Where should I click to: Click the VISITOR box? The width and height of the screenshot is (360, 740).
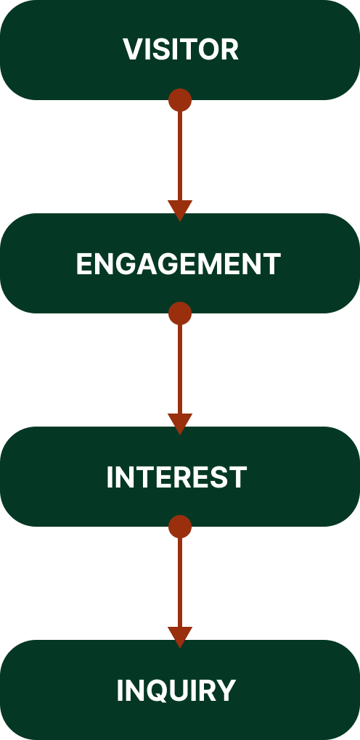coord(180,50)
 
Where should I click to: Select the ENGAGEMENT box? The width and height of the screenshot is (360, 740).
coord(180,263)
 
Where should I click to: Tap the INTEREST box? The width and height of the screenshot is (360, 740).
coord(180,477)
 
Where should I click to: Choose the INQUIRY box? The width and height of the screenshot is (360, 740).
coord(180,690)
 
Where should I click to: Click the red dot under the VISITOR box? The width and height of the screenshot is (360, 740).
coord(180,100)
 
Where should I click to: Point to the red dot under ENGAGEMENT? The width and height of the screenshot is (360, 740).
coord(180,313)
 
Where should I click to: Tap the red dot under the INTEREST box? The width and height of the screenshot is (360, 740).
coord(180,527)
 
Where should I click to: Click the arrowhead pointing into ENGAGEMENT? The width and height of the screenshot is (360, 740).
coord(180,210)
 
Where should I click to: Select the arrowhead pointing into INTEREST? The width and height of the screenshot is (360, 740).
coord(180,423)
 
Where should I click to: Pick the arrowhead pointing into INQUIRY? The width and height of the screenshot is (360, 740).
coord(180,636)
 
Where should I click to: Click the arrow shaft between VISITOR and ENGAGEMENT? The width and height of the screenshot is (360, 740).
coord(180,156)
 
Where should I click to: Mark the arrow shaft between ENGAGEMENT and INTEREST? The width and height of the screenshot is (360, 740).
coord(180,369)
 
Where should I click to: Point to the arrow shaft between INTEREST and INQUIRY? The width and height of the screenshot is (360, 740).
coord(180,583)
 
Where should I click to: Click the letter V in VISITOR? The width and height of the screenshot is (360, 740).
coord(133,49)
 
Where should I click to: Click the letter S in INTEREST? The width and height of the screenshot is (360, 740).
coord(221,477)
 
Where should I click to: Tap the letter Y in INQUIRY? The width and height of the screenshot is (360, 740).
coord(226,691)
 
